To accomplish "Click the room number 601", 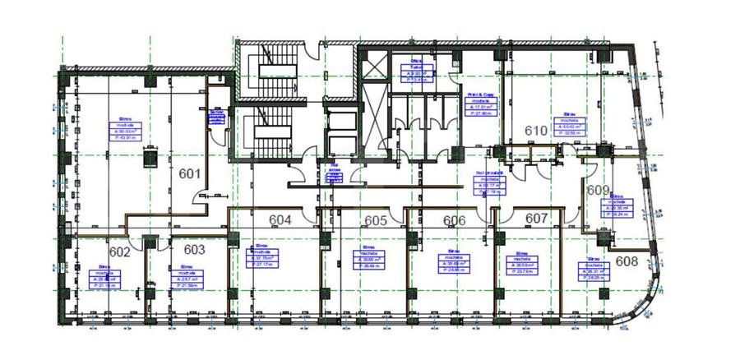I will tap(190, 173).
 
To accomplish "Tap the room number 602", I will tap(120, 252).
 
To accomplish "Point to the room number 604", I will tap(280, 219).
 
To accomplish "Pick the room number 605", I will tap(376, 220).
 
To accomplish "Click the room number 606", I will tap(455, 220).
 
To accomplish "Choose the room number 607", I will tap(536, 219).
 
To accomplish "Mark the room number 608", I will tap(627, 261).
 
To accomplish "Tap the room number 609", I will tap(598, 190).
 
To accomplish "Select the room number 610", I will tap(536, 131).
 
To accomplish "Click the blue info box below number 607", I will tap(521, 263).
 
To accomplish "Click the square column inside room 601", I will tap(150, 156).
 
